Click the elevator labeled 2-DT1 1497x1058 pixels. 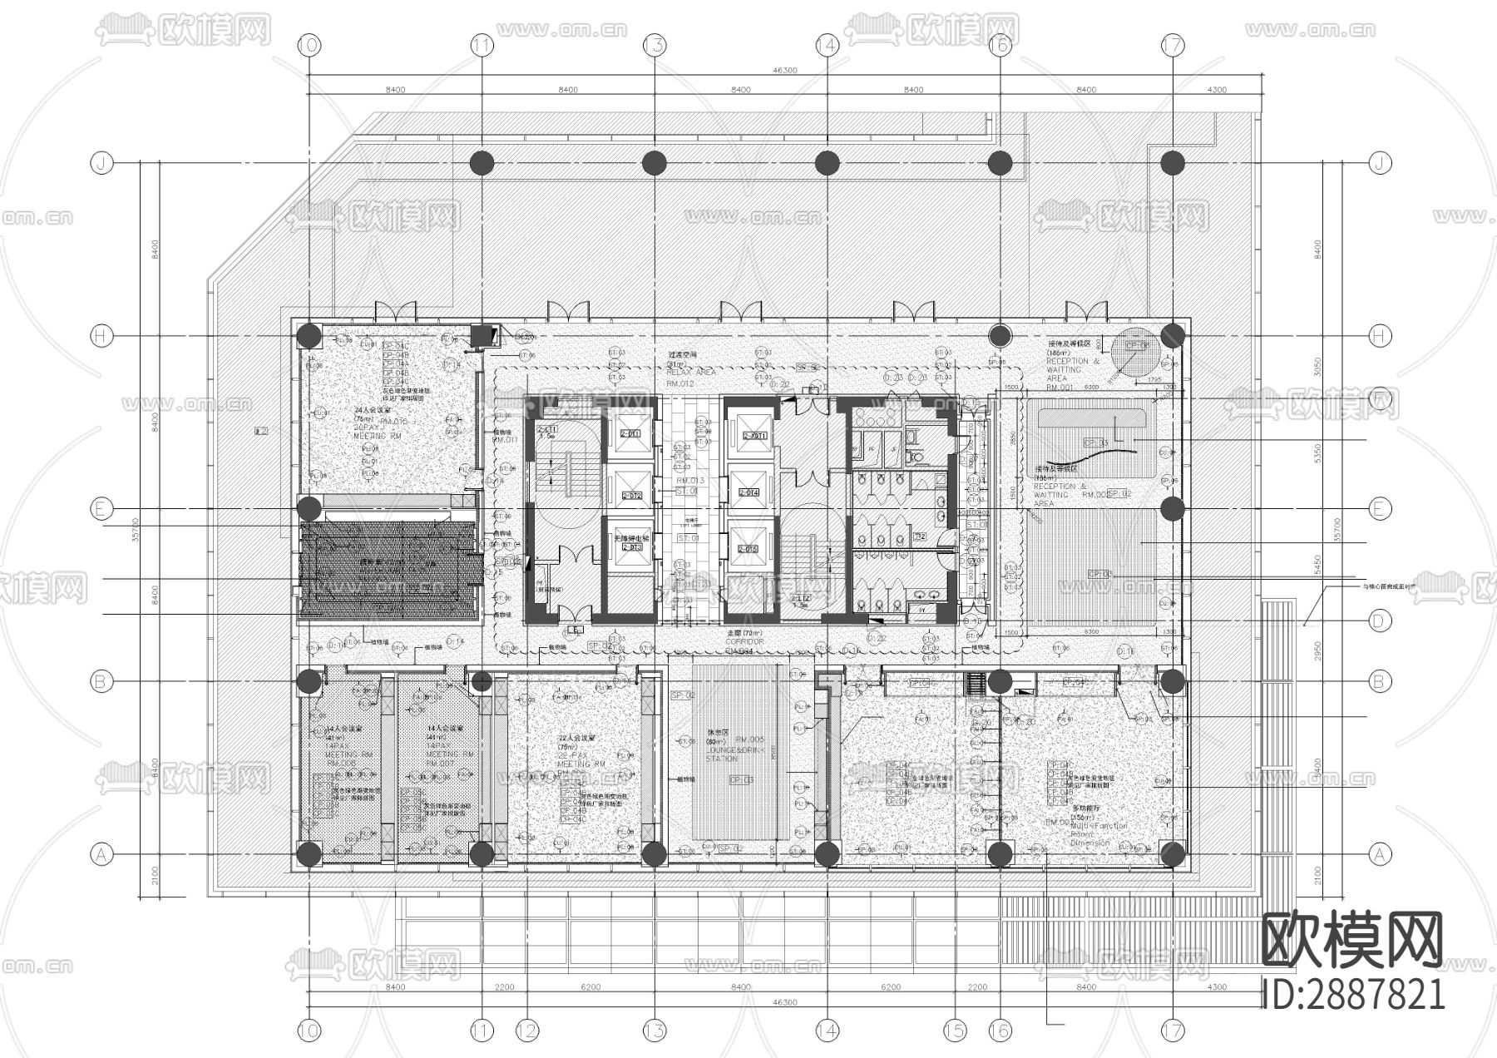[630, 434]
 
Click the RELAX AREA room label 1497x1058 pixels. [690, 372]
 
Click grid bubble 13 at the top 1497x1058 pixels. [655, 45]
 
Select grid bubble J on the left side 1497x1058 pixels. [101, 164]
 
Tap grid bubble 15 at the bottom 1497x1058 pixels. [956, 1031]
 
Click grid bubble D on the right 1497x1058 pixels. [1380, 620]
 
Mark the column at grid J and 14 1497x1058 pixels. [827, 163]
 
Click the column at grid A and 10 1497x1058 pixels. [309, 853]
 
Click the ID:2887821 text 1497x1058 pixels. [1354, 994]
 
